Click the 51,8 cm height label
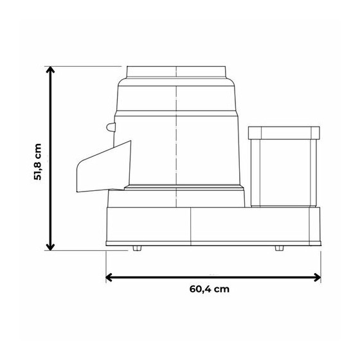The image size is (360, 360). tap(38, 162)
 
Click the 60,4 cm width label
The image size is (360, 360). tap(210, 289)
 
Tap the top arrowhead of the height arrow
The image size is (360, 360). tap(50, 69)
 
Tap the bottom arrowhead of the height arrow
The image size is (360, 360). tap(50, 248)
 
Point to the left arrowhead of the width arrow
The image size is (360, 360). tap(109, 277)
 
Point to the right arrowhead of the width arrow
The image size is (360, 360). tap(318, 277)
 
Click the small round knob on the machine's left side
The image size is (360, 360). tap(111, 127)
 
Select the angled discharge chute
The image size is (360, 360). tap(104, 166)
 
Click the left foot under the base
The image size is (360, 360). tap(137, 248)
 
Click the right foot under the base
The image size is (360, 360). tap(279, 248)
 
